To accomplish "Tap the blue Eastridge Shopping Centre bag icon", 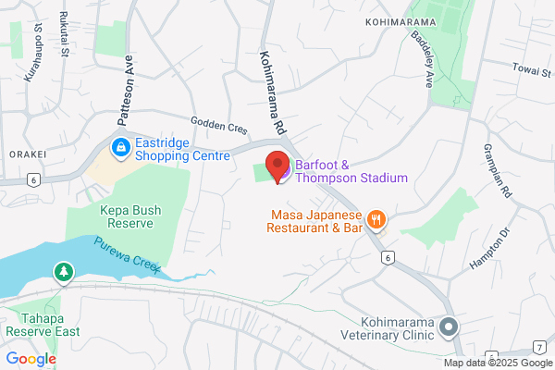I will coord(120,147).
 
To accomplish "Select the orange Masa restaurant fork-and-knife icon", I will coord(376,219).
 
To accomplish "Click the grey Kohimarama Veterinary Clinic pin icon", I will coord(449,327).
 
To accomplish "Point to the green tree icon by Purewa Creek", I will coord(63,272).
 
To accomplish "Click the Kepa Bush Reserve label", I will coord(130,217).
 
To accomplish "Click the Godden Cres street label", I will coord(219,126).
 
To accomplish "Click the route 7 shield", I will coord(538,347).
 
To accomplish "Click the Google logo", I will coord(31,358).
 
